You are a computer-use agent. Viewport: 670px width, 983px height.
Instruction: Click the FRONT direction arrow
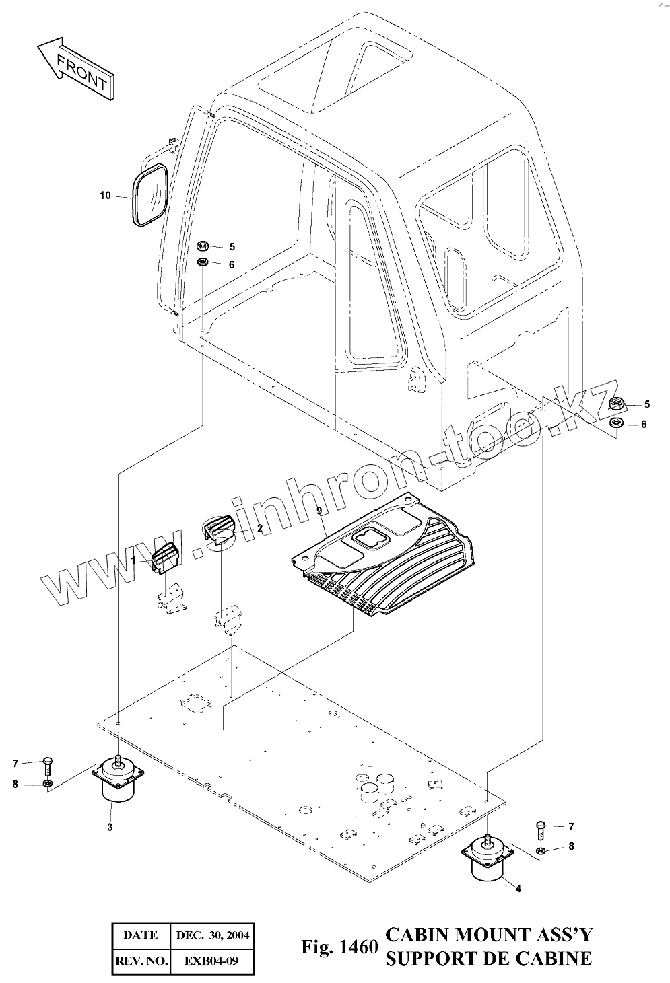(75, 69)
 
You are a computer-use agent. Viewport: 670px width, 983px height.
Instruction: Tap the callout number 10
(105, 196)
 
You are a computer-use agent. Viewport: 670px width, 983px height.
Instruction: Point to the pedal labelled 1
(164, 556)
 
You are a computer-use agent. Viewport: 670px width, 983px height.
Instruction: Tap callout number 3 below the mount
(110, 827)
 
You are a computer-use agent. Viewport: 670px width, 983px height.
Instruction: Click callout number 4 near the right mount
(518, 889)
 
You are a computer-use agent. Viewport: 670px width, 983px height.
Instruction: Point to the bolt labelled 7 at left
(48, 764)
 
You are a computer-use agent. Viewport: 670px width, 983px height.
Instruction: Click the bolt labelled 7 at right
(540, 828)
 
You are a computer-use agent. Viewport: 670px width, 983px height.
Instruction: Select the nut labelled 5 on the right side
(615, 404)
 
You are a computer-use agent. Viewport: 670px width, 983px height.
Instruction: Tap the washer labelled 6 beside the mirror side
(203, 262)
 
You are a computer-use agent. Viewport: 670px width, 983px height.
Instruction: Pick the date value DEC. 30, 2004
(211, 935)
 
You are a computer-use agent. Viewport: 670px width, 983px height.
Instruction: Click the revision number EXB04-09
(211, 961)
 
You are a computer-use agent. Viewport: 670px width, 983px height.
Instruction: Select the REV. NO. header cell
(141, 961)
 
